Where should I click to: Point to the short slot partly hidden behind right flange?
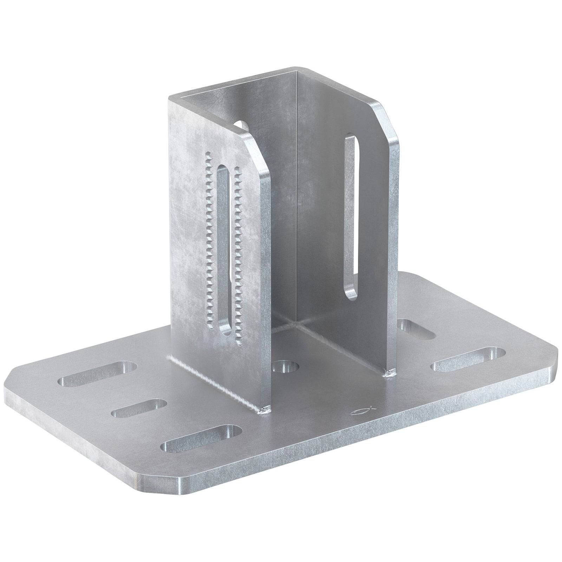click(418, 328)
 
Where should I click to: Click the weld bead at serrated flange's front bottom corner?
click(266, 409)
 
